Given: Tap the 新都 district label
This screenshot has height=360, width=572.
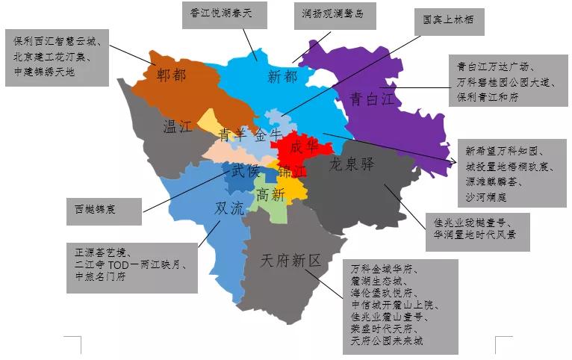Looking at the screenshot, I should (282, 75).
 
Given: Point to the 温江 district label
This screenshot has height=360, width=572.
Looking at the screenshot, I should (178, 126).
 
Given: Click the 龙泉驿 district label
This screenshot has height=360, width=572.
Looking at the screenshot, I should (350, 164).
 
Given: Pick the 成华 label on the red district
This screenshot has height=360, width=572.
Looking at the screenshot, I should (303, 146).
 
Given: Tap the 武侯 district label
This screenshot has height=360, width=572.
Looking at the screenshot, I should (244, 171).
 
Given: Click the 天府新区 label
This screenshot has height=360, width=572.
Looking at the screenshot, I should (291, 261).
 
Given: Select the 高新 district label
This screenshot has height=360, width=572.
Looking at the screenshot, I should (270, 195).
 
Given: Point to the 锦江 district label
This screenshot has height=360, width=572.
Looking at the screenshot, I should (292, 172).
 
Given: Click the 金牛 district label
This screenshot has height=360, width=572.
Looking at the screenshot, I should (268, 134).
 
